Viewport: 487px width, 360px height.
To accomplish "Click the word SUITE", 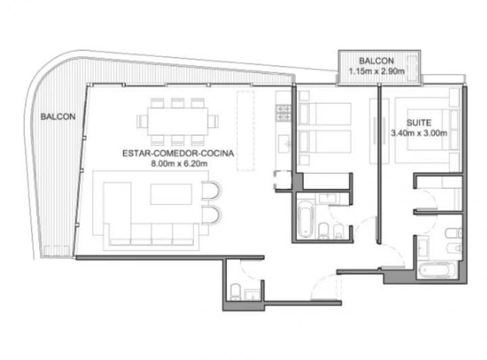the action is coord(419,122).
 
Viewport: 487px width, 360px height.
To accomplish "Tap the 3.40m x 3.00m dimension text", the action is coord(419,133).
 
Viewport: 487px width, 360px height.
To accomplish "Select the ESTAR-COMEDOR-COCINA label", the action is coord(178,153).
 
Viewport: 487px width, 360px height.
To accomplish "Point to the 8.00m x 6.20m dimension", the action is coord(179,163).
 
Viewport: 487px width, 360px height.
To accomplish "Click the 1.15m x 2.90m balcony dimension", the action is coord(377,71).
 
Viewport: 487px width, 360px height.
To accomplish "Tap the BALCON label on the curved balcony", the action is coord(58,117).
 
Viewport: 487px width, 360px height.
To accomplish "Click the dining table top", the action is coord(178,121).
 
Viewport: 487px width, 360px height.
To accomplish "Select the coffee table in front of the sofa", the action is coord(171,194).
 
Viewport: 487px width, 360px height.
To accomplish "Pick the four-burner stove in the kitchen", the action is coord(283,113).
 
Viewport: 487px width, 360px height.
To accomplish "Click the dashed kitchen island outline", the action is coord(246,131).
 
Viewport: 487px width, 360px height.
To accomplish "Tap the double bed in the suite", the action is coord(427,130).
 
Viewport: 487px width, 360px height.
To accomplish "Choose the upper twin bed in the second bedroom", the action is coord(325,114).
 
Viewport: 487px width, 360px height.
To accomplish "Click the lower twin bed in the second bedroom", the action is coord(325,141).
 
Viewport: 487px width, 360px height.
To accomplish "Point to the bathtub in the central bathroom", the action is coord(306,220).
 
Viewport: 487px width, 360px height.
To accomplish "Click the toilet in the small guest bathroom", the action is coord(236,292).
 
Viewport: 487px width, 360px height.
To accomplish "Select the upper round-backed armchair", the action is coord(211,189).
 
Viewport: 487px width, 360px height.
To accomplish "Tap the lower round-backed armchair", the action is coord(211,215).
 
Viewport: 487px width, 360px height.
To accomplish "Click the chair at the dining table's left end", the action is coord(142,121).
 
